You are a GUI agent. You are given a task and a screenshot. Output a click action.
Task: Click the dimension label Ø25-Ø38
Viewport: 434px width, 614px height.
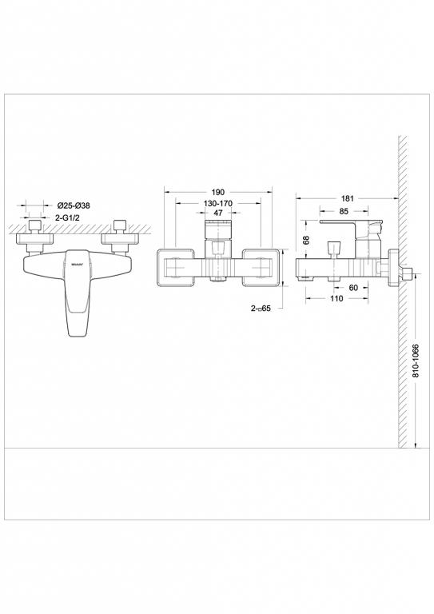[74, 205]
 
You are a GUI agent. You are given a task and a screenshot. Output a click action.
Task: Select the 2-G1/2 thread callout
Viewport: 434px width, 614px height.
[72, 217]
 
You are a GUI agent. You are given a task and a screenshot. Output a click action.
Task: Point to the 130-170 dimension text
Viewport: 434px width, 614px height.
[218, 204]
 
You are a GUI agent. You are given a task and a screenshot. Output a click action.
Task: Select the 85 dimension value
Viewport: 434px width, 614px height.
[343, 212]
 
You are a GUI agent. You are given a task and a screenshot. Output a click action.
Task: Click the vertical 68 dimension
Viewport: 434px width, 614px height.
[306, 237]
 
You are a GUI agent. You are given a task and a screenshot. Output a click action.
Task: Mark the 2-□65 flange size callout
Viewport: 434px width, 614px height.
[261, 307]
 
